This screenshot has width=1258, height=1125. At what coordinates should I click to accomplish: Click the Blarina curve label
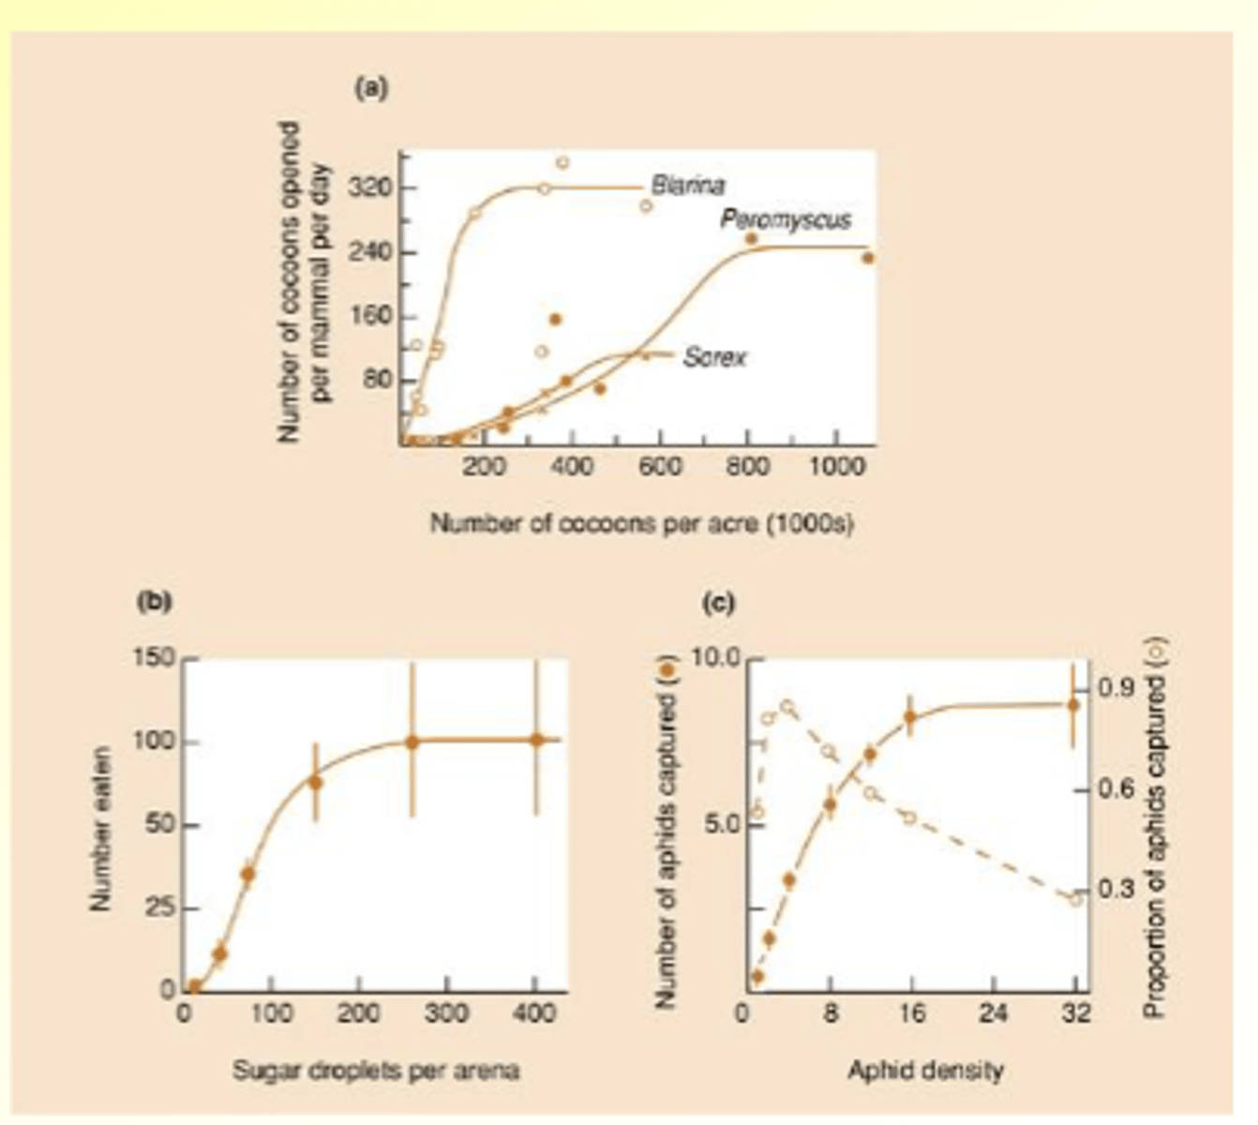pos(687,186)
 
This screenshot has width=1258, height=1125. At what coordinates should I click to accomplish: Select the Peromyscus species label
pos(786,219)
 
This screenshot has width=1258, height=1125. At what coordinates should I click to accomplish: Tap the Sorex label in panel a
pos(714,357)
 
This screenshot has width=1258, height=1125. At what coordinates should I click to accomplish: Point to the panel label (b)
pos(154,601)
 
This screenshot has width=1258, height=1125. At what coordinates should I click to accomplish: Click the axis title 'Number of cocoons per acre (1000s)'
pos(641,524)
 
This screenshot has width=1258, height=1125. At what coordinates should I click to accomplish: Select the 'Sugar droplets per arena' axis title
pos(375,1070)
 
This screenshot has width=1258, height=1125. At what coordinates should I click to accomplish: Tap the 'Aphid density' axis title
pos(925,1070)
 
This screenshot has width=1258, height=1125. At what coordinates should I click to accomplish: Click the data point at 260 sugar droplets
pos(412,742)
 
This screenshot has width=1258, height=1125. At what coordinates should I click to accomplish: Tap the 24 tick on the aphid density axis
pos(994,1013)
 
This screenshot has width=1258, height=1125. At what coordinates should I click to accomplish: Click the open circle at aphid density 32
pos(1076,899)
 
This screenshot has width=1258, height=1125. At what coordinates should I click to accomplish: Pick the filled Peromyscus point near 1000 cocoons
pos(868,258)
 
